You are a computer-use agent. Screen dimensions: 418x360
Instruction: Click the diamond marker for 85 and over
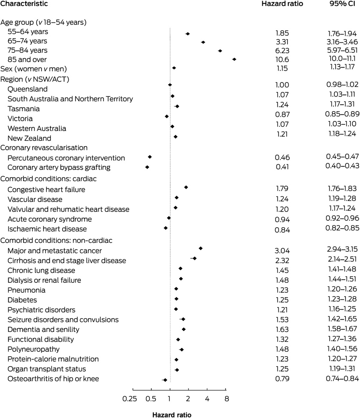tap(234, 59)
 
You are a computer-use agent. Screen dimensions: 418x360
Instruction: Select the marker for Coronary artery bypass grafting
tap(147, 167)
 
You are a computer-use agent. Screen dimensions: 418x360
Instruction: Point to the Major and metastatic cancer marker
tap(201, 248)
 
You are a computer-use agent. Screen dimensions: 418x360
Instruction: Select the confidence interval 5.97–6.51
tap(343, 50)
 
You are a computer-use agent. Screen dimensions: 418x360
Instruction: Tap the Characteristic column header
tap(24, 4)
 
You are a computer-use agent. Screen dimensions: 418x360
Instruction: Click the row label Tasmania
tap(24, 109)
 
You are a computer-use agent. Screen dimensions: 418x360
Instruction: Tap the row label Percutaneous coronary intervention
tap(66, 158)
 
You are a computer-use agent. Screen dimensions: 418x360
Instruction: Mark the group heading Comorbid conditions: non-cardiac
tap(57, 241)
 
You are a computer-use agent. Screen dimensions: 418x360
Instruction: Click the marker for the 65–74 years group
tap(203, 42)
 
